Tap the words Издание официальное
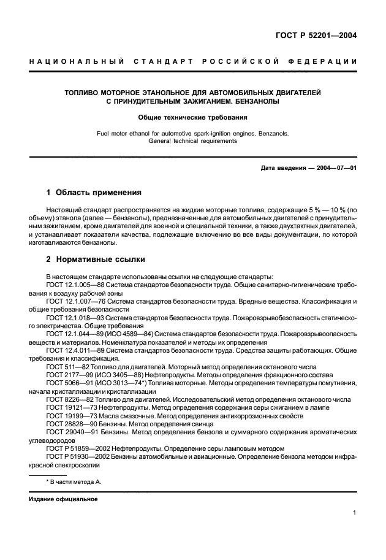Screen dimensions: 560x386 [59, 499]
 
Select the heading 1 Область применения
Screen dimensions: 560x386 [94, 192]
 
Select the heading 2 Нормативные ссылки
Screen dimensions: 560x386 [96, 259]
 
